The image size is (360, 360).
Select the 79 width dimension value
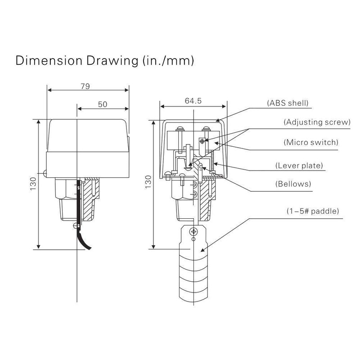click(x=84, y=87)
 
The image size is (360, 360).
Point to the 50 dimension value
click(x=103, y=104)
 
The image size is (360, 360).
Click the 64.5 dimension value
click(x=193, y=102)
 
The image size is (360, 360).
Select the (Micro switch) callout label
click(x=310, y=142)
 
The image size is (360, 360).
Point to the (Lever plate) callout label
click(x=299, y=166)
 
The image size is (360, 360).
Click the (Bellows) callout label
click(x=293, y=184)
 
